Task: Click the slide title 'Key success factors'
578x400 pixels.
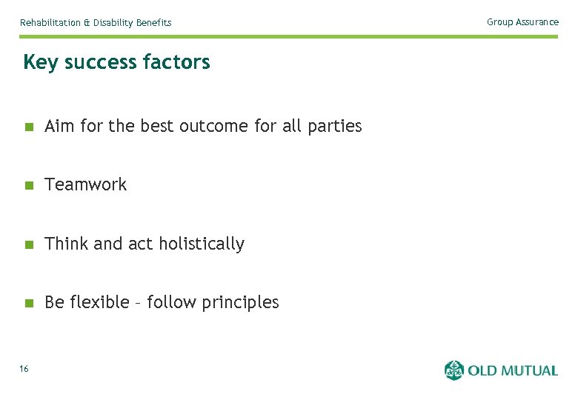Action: (x=116, y=62)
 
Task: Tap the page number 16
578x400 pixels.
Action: (x=24, y=369)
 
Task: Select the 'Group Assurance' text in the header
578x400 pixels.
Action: (x=522, y=22)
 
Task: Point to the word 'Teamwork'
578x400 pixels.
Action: (x=86, y=184)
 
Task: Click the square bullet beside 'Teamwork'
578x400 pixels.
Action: (x=28, y=185)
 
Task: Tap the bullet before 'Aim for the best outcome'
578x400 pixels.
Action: (x=28, y=127)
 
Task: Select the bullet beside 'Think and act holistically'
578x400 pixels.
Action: (x=28, y=244)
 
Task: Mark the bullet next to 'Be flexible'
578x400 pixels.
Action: (x=28, y=303)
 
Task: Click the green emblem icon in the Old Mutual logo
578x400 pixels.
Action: (x=454, y=370)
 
